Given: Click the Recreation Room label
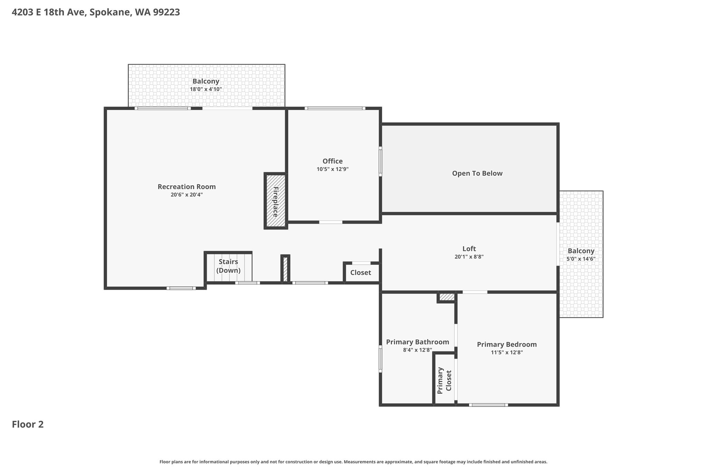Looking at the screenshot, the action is pos(187,187).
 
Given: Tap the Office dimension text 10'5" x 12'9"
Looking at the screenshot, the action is pos(332,169).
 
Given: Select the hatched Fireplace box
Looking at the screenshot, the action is pos(275,201).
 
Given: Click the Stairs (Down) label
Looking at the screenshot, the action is pos(229,266).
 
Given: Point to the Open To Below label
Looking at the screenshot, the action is pos(477,173).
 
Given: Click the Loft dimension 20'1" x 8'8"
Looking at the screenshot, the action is pos(469,257).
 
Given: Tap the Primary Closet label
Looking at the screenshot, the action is pos(445,381).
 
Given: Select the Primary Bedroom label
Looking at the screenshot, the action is pos(507,344).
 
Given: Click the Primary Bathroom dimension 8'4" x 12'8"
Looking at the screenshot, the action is pos(418,350).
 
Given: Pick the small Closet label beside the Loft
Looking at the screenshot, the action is pos(361,273).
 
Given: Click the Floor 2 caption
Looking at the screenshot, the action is pos(28,424).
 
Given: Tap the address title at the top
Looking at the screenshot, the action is pos(96,12).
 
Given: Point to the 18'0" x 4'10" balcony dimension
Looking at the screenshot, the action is pos(206,89).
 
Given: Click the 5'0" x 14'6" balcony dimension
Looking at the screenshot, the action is pos(581,259).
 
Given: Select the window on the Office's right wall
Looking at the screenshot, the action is pos(380,161).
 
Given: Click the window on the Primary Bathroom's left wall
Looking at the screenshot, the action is pos(380,359).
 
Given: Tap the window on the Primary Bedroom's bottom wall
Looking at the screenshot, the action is pos(488,405).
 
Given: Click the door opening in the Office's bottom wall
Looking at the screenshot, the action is pos(331,222).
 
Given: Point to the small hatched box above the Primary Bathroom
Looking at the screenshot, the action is pos(447,297).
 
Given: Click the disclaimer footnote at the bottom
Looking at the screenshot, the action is pos(353,462).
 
